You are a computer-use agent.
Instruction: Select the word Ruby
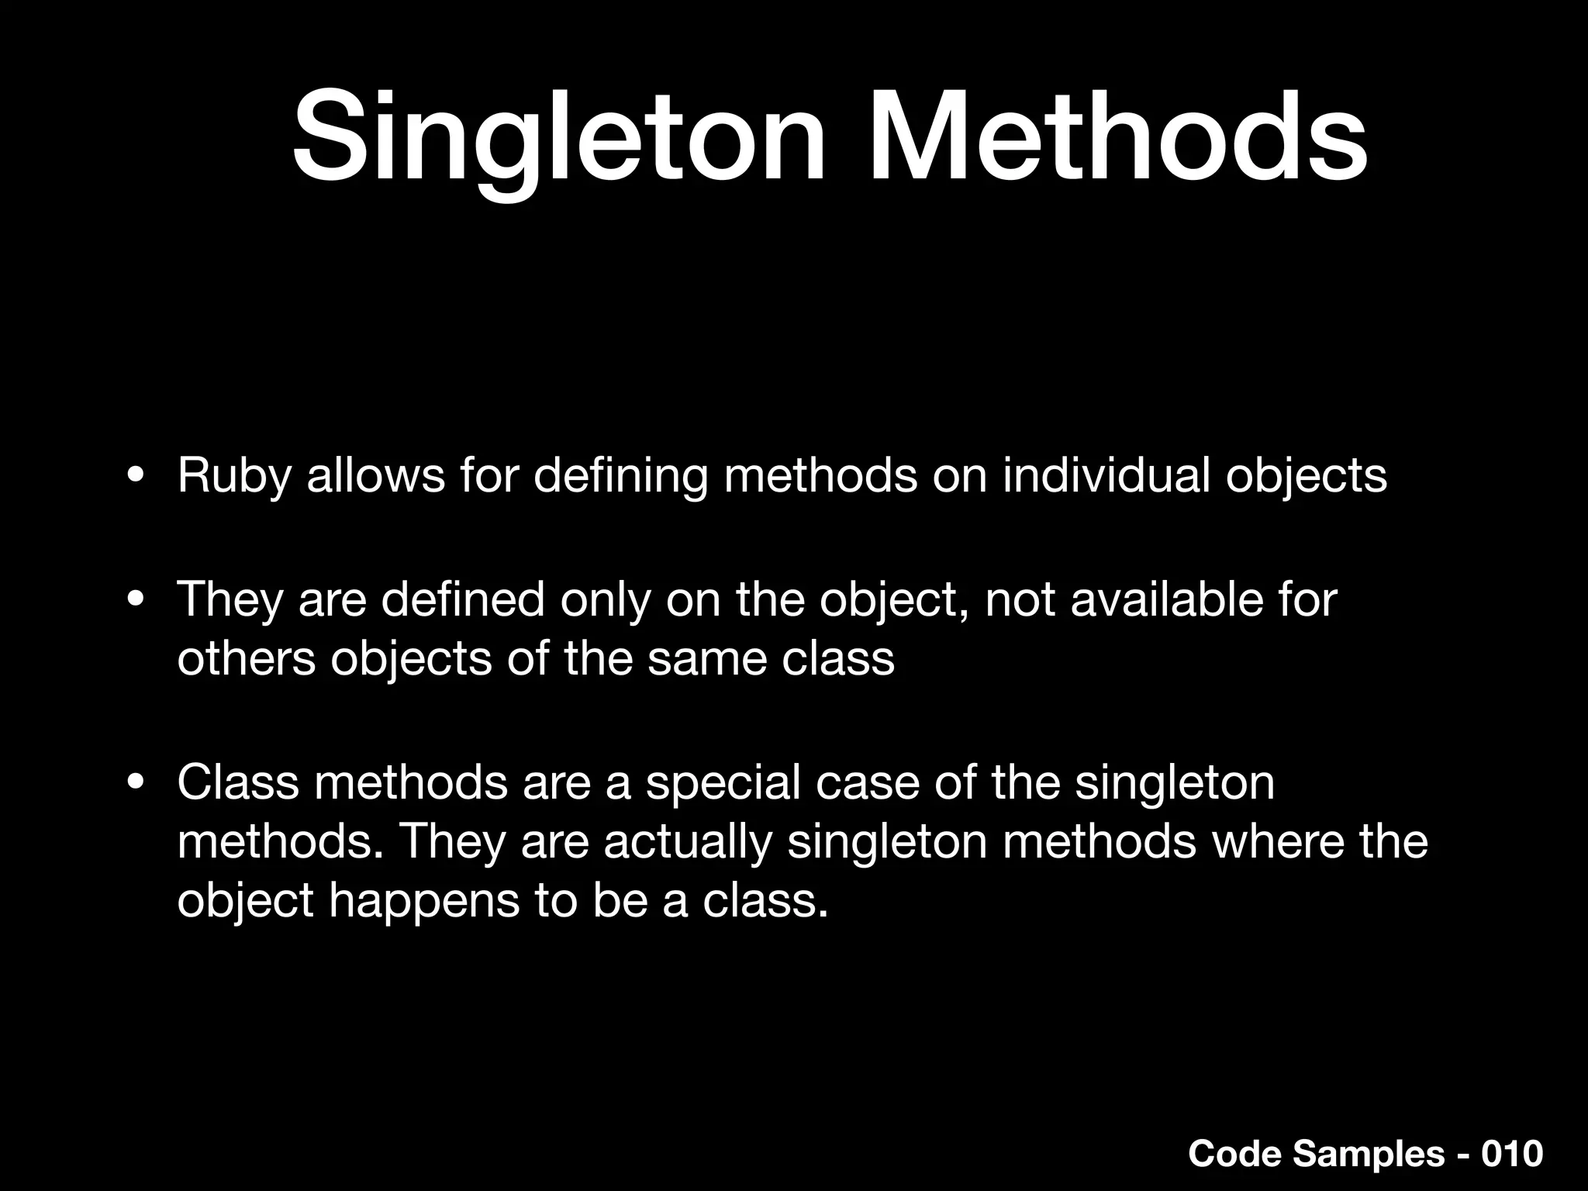233,475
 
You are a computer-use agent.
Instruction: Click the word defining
620,475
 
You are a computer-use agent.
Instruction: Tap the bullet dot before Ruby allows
136,475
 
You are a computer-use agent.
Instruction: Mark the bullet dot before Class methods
136,782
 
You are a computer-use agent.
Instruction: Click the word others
247,659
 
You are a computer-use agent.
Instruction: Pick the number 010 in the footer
1512,1154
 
